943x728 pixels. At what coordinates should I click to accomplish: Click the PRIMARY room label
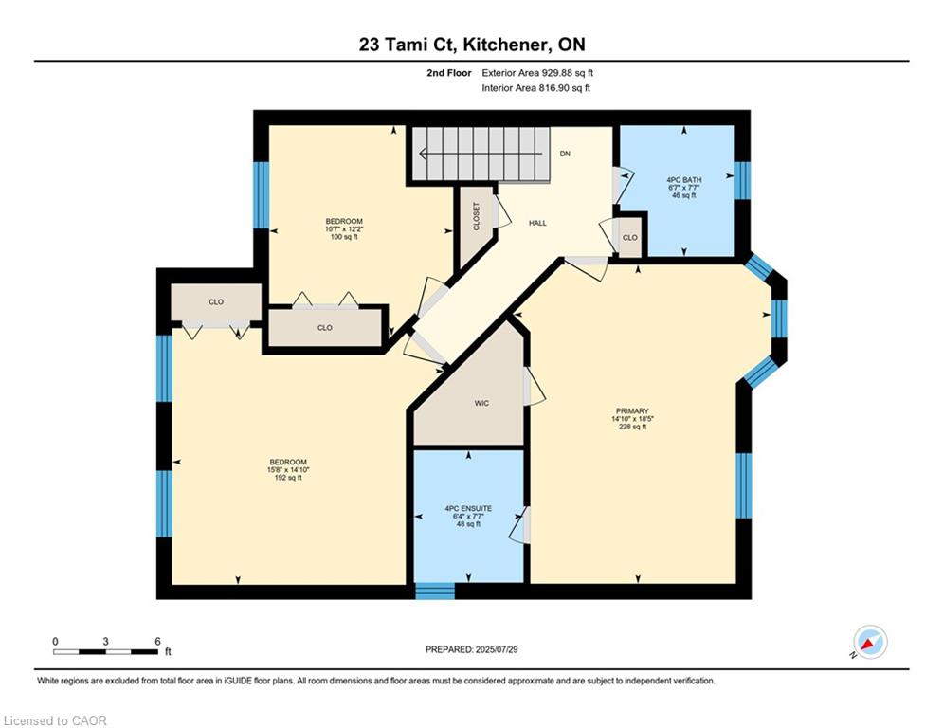tap(632, 411)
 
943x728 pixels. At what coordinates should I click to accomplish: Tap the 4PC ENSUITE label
tap(468, 508)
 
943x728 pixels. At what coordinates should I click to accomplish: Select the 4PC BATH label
tap(684, 180)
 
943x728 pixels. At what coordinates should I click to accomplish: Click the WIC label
tap(481, 403)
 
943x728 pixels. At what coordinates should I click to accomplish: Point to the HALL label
tap(537, 223)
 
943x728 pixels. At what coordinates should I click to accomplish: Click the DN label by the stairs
tap(565, 154)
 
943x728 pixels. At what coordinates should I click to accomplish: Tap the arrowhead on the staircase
tap(423, 154)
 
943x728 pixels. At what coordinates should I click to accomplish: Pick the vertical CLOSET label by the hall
tap(477, 216)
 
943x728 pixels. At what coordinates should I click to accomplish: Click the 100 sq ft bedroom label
tap(344, 236)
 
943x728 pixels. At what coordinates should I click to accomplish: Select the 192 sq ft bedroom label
tap(288, 478)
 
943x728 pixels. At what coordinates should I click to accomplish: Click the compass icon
tap(870, 642)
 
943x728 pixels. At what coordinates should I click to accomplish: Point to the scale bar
tap(106, 651)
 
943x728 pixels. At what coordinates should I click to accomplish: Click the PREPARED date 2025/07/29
tap(497, 649)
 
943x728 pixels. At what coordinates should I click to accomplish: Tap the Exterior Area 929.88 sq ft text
tap(537, 73)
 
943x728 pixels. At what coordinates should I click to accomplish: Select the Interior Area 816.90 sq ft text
tap(535, 88)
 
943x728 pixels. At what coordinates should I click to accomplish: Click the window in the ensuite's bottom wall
tap(435, 591)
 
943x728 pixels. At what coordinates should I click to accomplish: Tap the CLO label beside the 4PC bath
tap(629, 238)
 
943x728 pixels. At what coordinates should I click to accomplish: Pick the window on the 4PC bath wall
tap(743, 180)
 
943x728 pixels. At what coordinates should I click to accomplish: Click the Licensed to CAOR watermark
tap(55, 720)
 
